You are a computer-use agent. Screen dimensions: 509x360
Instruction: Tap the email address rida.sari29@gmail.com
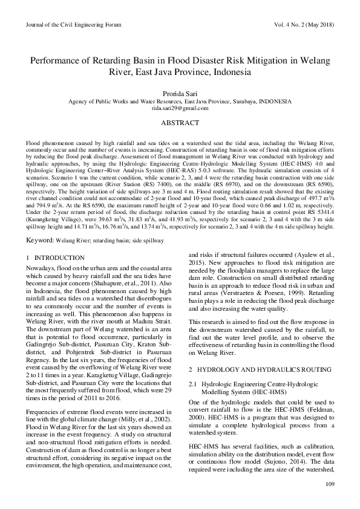pyautogui.click(x=180, y=108)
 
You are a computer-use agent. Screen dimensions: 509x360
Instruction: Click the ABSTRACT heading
pyautogui.click(x=180, y=123)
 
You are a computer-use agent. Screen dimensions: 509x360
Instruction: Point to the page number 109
pyautogui.click(x=330, y=484)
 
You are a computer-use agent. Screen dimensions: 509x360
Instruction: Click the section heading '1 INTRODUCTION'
pyautogui.click(x=55, y=258)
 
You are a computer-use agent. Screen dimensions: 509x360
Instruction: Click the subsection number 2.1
pyautogui.click(x=194, y=383)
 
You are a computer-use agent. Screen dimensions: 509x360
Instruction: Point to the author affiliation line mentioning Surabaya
pyautogui.click(x=180, y=102)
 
